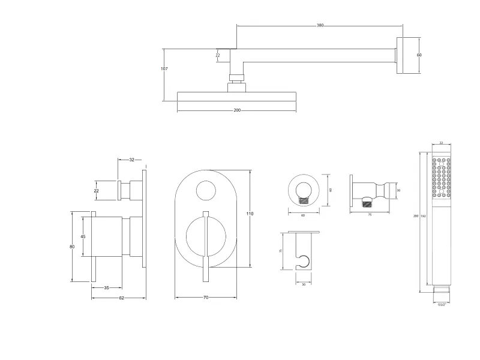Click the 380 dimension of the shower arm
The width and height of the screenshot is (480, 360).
(x=320, y=26)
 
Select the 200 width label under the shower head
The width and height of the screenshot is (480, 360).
(x=237, y=110)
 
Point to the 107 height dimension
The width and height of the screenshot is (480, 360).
(x=164, y=69)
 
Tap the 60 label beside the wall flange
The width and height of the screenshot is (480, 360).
(x=419, y=55)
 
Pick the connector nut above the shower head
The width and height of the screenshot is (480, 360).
(x=237, y=77)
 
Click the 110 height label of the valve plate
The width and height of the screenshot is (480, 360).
(x=250, y=214)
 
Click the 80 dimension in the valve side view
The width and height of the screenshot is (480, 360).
(x=72, y=247)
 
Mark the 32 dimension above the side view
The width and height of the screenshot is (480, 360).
(x=131, y=160)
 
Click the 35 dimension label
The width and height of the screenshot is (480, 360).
(x=106, y=288)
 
